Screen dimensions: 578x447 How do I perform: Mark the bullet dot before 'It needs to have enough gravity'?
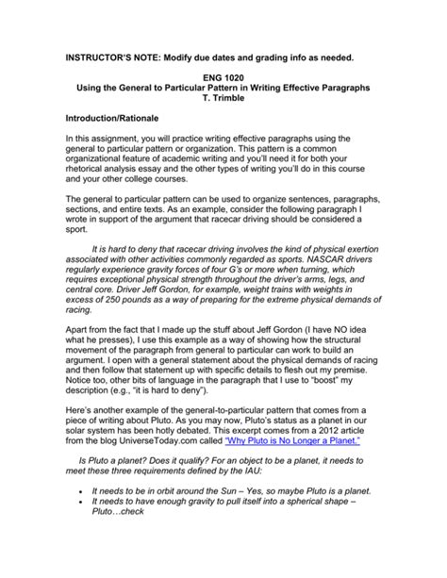click(x=85, y=534)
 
